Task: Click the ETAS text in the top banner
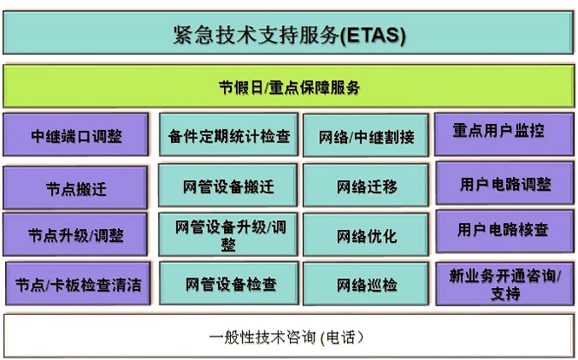coord(372,36)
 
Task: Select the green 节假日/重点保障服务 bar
coord(289,86)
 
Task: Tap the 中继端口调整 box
coord(76,134)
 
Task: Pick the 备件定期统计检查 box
coord(228,134)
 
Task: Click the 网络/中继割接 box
coord(365,135)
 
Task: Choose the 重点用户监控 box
coord(504,134)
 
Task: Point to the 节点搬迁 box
coord(76,187)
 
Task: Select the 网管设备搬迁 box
coord(227,186)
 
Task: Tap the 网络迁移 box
coord(365,186)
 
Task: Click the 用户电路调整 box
coord(505,183)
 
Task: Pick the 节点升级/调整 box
coord(76,234)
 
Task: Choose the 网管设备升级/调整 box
coord(227,234)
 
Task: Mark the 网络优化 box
coord(365,235)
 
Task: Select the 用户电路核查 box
coord(505,232)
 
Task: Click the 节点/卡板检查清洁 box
coord(78,284)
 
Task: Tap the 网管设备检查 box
coord(229,284)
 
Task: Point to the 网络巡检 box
coord(365,284)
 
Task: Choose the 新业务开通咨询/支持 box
coord(504,284)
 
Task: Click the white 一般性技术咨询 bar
coord(289,336)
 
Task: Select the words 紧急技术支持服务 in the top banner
coord(256,35)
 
